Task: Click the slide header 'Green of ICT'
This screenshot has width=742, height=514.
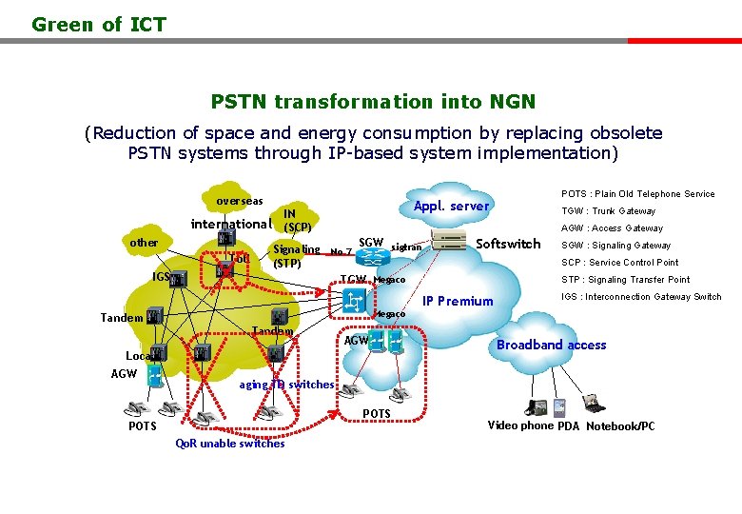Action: tap(99, 25)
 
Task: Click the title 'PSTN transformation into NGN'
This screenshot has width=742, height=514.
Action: tap(373, 101)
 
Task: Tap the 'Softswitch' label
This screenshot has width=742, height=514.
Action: tap(508, 244)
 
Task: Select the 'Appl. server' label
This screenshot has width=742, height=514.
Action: tap(451, 207)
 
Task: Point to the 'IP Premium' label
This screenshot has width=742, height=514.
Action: tap(458, 302)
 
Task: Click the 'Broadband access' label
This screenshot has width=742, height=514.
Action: tap(551, 345)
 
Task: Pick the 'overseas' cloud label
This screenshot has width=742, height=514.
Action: tap(239, 202)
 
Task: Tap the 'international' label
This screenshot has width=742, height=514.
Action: tap(231, 225)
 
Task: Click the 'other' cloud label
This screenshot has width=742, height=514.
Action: tap(144, 243)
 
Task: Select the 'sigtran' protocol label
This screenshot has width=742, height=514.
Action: tap(406, 247)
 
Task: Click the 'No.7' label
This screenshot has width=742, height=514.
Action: tap(341, 251)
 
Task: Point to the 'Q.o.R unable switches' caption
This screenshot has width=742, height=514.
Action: tap(230, 444)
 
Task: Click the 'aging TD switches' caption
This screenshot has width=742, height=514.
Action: tap(286, 385)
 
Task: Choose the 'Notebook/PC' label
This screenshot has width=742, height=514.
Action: tap(620, 426)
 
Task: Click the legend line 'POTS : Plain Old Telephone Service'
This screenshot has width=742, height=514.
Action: tap(637, 194)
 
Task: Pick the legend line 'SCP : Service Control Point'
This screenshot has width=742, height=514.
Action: tap(619, 263)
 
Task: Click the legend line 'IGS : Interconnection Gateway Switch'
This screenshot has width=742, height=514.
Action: tap(641, 297)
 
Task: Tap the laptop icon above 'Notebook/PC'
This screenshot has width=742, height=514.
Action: tap(595, 404)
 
